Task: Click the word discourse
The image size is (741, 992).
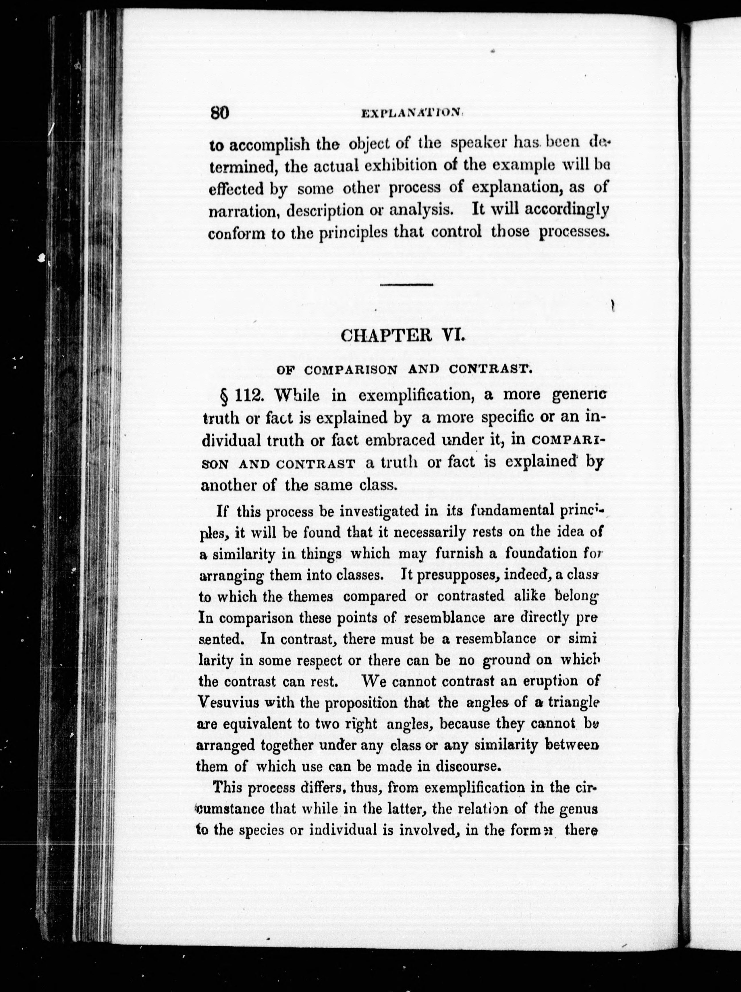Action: pyautogui.click(x=467, y=766)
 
